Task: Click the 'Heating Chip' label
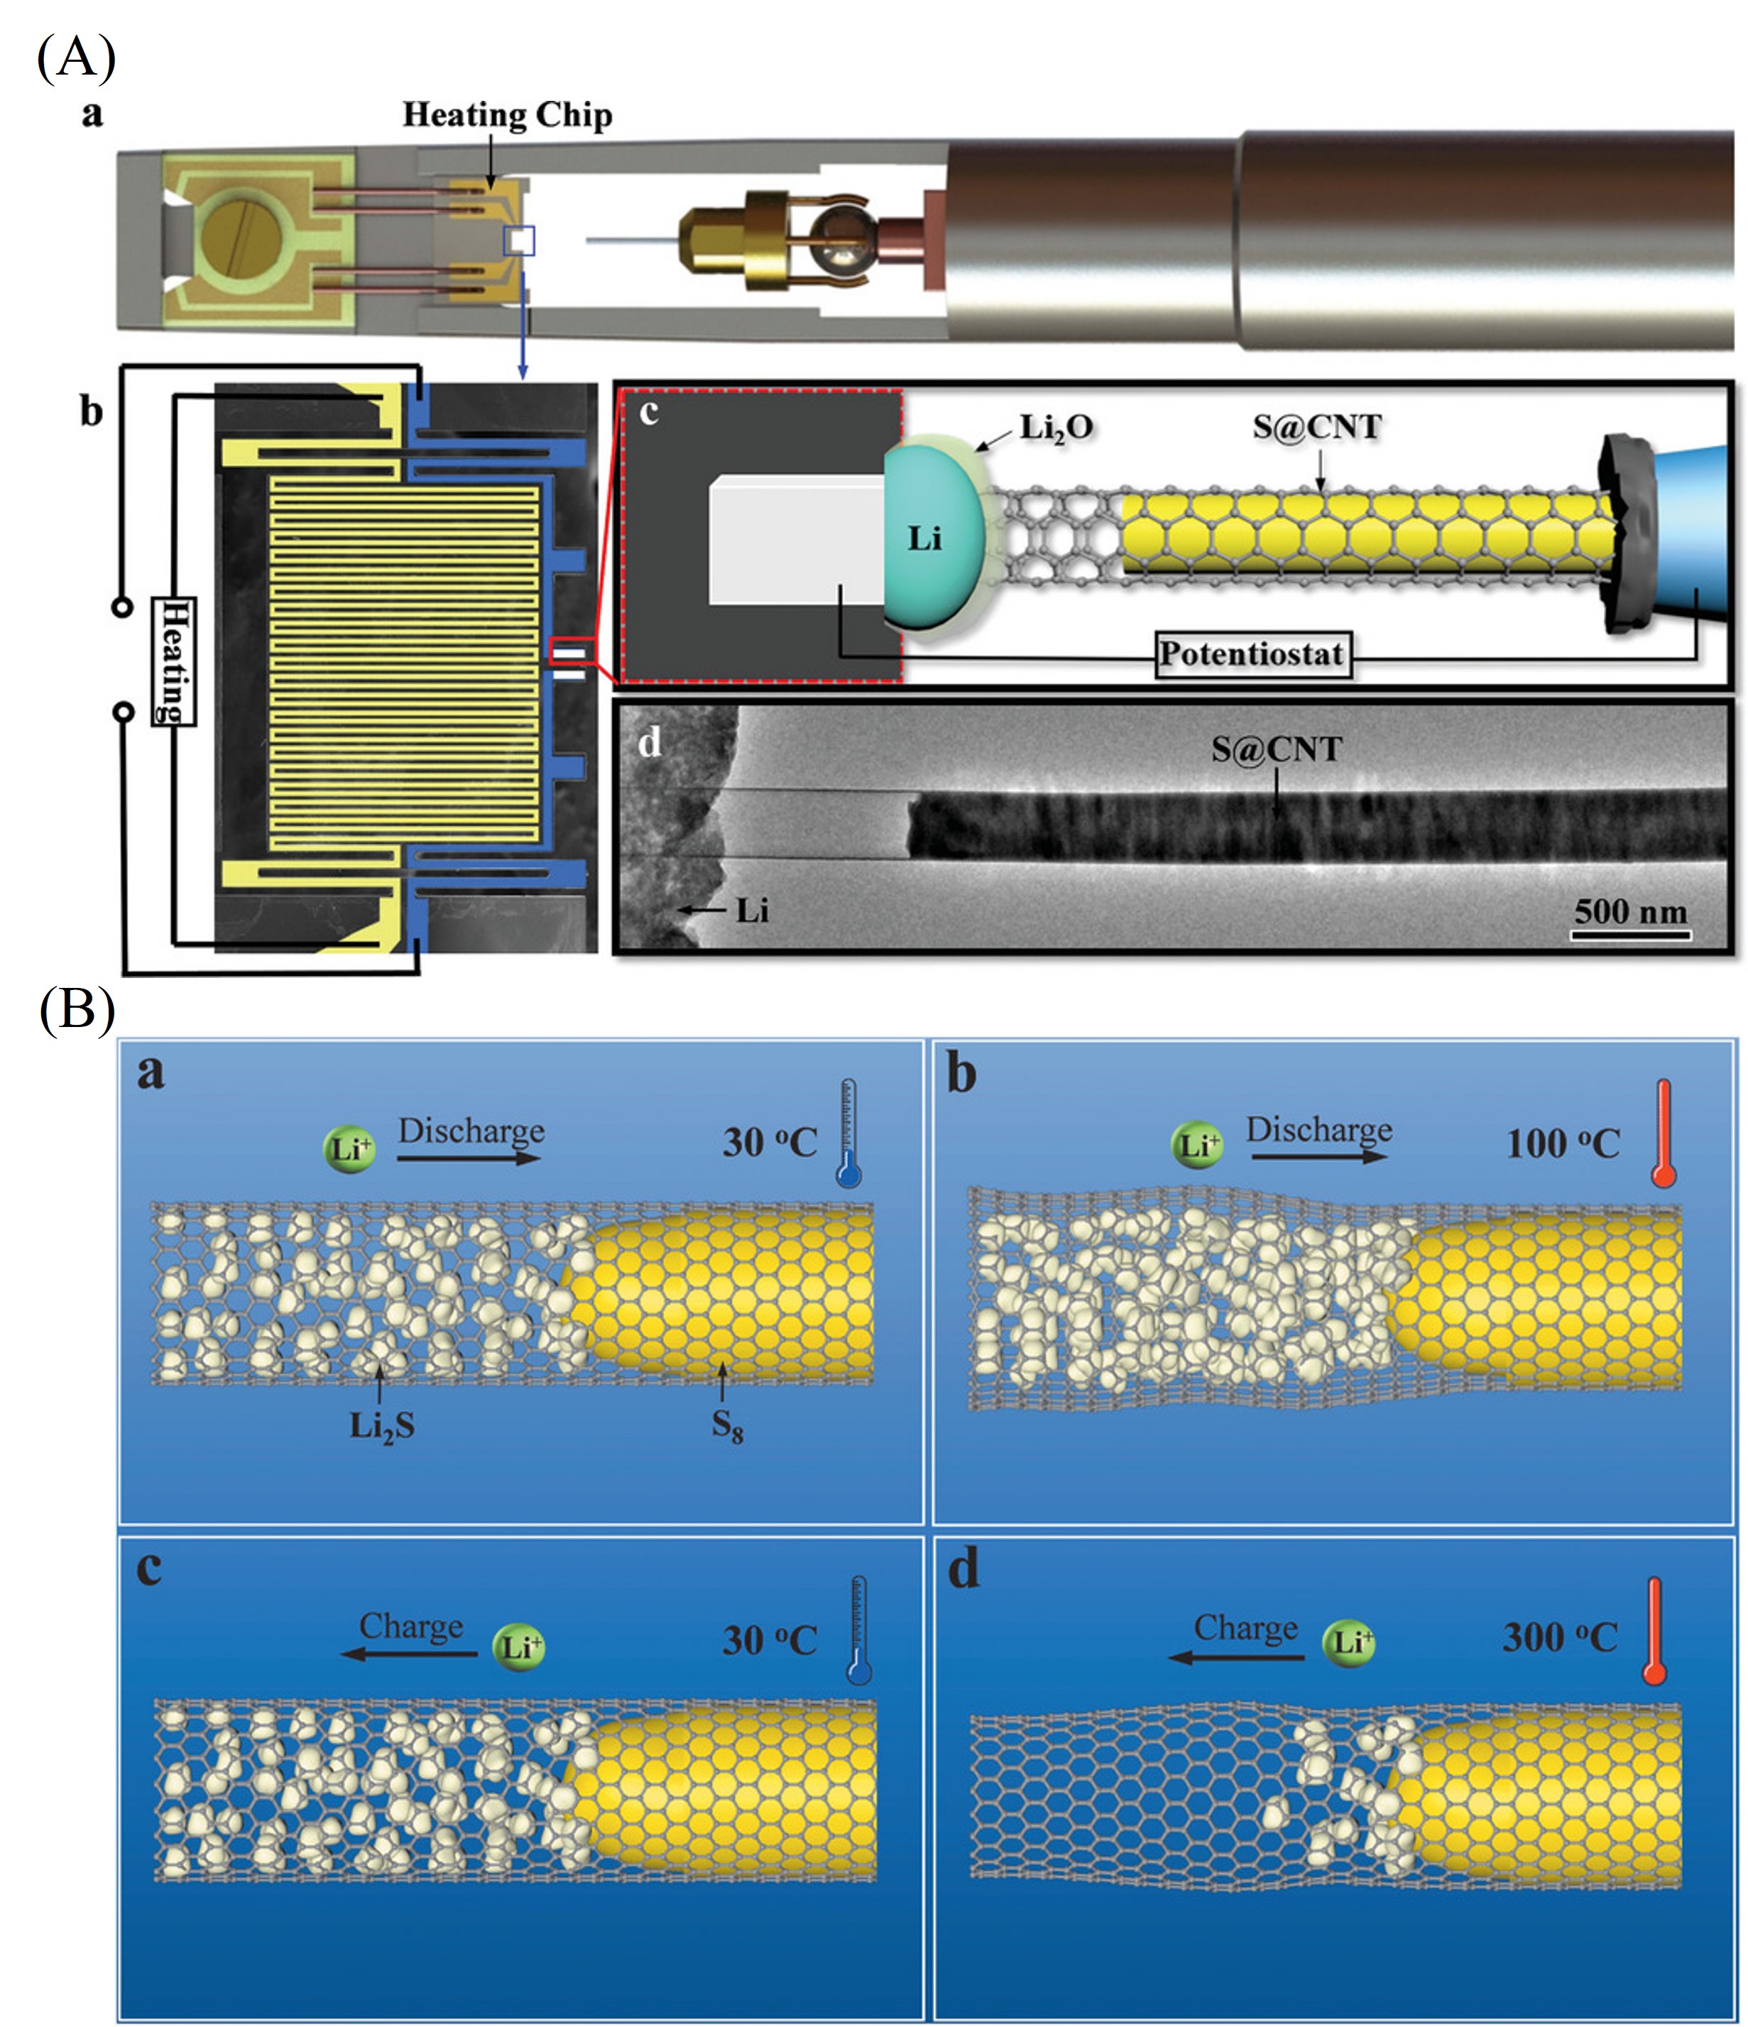point(507,116)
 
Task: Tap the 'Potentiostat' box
point(1250,653)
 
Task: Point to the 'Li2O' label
point(1056,428)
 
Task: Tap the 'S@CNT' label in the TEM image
point(1276,749)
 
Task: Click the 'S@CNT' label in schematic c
point(1316,427)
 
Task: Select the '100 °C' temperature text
point(1562,1143)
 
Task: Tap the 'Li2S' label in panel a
point(381,1426)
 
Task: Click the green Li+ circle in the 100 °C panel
point(1196,1145)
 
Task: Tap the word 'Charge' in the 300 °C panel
point(1245,1628)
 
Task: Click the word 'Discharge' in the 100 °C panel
point(1318,1130)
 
